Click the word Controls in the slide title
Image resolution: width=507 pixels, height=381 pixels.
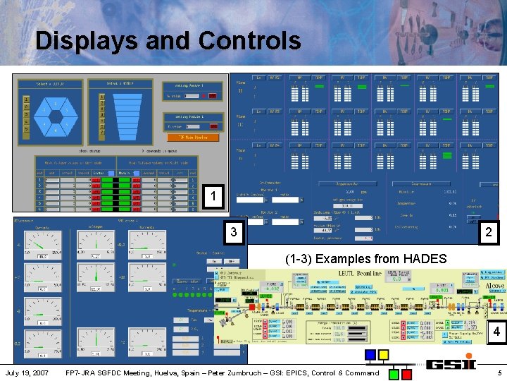[249, 40]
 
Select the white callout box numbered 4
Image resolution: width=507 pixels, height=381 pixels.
[496, 332]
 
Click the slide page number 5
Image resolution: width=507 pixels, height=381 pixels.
[499, 373]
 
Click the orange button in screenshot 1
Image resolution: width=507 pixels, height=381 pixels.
[192, 137]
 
